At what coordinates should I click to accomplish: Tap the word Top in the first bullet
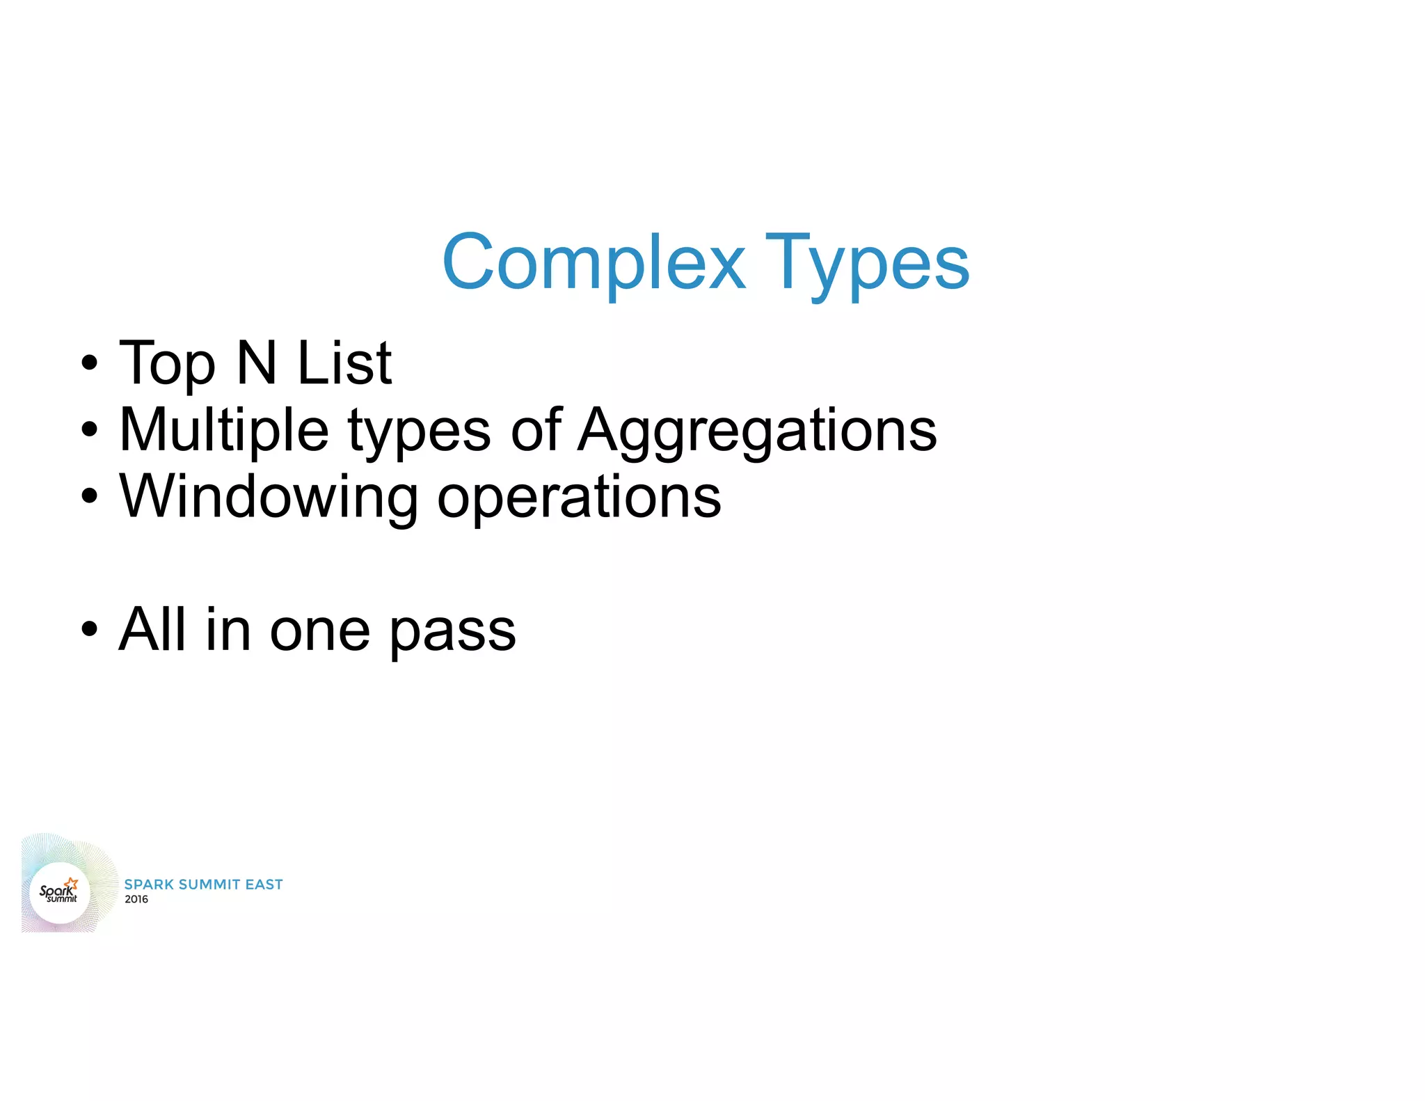tap(167, 364)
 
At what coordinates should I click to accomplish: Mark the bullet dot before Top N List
tap(89, 363)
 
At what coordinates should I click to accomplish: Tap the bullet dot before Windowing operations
tap(89, 497)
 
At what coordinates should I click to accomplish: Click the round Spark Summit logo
tap(60, 892)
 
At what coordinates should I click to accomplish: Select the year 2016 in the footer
tap(136, 899)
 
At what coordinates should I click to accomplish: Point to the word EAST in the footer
tap(264, 884)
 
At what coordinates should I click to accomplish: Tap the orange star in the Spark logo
tap(72, 883)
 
